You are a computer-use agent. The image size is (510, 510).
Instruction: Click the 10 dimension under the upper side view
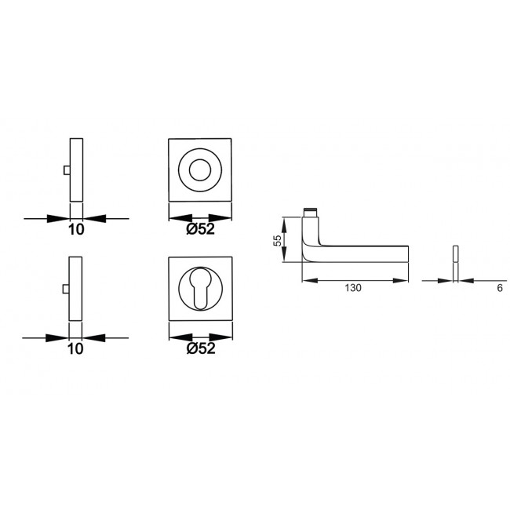tap(76, 229)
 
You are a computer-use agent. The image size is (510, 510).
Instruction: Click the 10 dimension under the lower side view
tap(76, 351)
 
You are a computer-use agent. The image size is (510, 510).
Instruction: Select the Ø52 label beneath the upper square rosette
tap(202, 229)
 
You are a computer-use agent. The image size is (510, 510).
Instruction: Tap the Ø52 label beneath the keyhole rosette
tap(202, 351)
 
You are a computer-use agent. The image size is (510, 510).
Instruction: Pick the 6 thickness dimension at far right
tap(498, 289)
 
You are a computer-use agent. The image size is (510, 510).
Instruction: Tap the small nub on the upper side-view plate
tap(67, 170)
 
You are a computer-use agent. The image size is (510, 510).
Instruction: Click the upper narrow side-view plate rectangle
tap(76, 169)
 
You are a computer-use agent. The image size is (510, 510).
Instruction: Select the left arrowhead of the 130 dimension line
tap(308, 279)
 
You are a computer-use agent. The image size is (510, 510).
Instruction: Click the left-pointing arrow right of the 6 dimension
tap(464, 279)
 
